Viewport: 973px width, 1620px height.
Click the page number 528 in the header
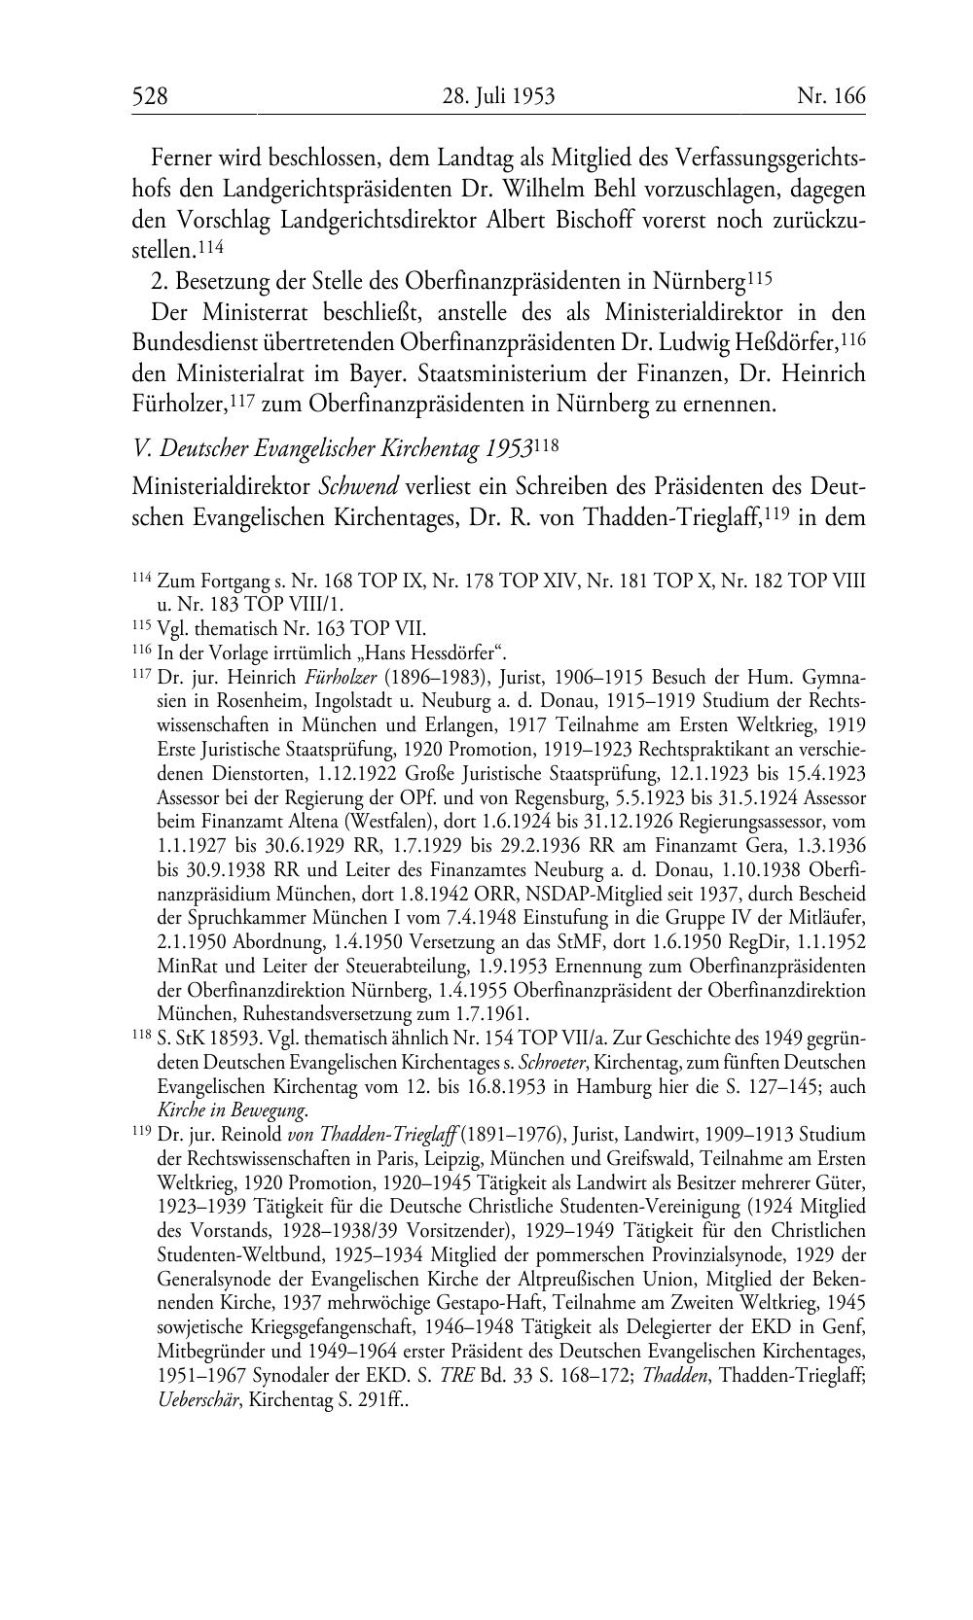pyautogui.click(x=151, y=95)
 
